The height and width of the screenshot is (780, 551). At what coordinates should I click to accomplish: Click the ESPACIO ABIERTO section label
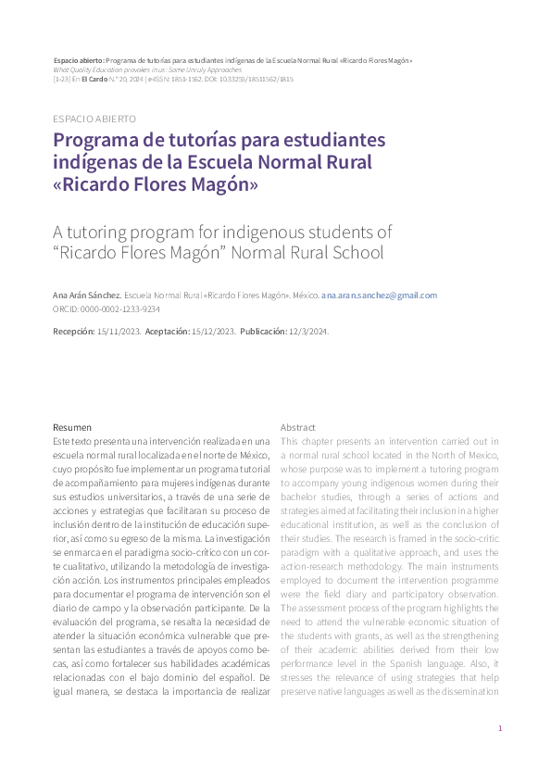pos(95,120)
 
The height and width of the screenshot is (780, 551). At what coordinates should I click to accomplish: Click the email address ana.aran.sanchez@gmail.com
pos(379,296)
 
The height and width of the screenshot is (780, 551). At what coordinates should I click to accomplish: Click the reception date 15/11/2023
pos(119,331)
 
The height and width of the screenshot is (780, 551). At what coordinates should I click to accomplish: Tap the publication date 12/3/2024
pos(307,331)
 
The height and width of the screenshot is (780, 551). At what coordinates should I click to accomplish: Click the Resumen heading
pos(72,427)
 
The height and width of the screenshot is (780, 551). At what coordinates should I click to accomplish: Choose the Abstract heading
pos(298,427)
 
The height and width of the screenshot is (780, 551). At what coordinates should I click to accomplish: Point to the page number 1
pos(500,729)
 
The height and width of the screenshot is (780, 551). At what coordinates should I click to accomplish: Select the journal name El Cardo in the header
pos(94,80)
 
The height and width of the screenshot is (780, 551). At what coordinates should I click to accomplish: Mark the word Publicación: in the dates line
pos(263,331)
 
